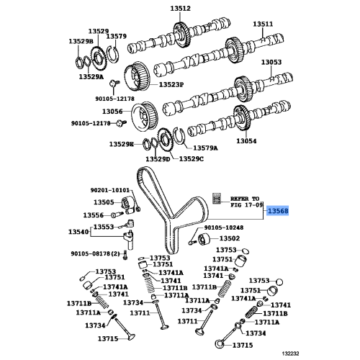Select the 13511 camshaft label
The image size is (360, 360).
tap(263, 24)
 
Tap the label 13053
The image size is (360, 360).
tap(271, 62)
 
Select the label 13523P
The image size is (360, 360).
tap(171, 85)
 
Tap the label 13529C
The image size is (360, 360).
tap(192, 158)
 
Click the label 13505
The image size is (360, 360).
tap(104, 202)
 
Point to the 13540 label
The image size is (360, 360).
tap(79, 231)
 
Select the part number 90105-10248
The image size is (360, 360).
tap(224, 227)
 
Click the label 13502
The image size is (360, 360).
tap(229, 238)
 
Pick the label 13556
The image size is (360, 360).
tap(93, 215)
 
